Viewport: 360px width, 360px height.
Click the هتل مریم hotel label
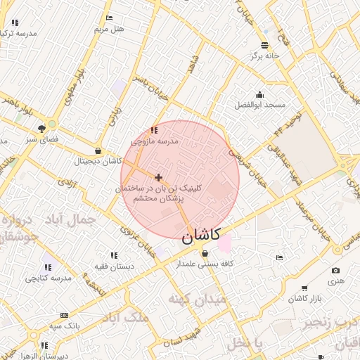(x=109, y=29)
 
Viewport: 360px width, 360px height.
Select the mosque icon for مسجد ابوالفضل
(x=260, y=95)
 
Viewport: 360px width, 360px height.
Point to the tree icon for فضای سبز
(x=42, y=128)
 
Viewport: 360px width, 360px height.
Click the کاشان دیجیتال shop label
(x=98, y=161)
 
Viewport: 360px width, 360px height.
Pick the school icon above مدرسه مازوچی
(x=154, y=130)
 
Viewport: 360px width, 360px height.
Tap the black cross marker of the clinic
(x=158, y=177)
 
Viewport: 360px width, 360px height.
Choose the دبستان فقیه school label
(x=113, y=266)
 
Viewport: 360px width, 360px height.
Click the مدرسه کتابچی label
(x=49, y=278)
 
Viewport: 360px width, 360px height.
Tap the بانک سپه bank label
(x=65, y=326)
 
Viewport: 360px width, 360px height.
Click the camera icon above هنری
(x=335, y=271)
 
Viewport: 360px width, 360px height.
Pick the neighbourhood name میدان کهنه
(x=197, y=300)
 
